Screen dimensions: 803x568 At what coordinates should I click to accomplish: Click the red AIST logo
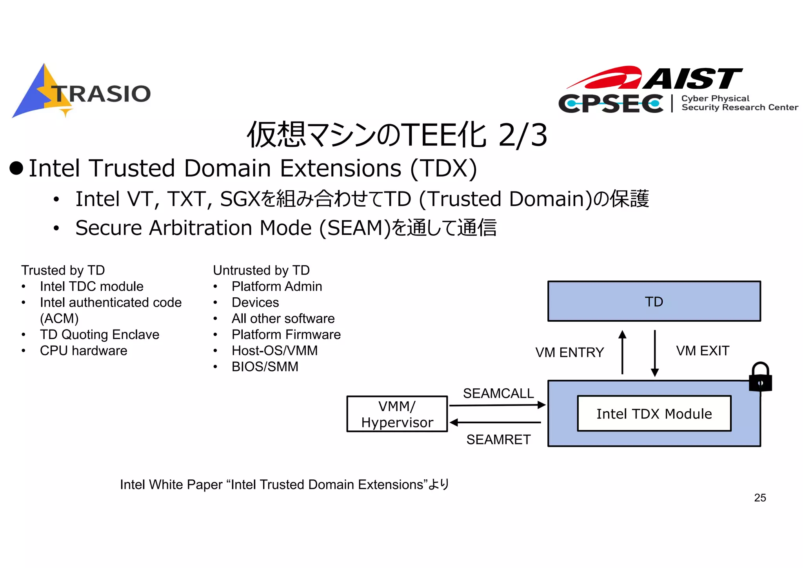655,78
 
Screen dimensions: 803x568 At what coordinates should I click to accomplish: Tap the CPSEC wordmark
611,104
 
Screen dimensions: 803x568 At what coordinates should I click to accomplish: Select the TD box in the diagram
654,301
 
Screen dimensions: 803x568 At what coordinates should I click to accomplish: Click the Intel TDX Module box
654,413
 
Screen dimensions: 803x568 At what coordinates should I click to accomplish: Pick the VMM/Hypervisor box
397,414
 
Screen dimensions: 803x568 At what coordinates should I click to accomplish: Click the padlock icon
760,377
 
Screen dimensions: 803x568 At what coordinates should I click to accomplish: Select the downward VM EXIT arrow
654,353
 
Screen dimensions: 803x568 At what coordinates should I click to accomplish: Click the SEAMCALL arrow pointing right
497,405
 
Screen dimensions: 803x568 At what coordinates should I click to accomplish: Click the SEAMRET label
498,440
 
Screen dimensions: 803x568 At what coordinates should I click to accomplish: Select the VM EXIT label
703,351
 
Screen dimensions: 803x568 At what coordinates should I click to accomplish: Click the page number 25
760,498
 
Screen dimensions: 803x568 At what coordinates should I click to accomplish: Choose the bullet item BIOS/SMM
265,367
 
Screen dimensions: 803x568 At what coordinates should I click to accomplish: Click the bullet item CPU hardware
84,351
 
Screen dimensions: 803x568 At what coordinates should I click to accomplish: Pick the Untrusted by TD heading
261,270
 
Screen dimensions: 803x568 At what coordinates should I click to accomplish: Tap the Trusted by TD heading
63,270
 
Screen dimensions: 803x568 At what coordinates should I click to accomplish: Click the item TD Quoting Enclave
100,335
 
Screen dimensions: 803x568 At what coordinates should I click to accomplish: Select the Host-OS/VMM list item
274,351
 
